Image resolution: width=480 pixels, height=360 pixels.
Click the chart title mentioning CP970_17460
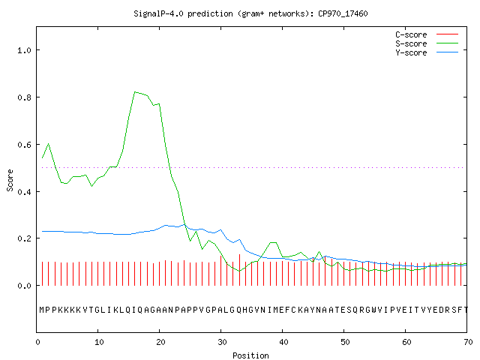tap(250, 13)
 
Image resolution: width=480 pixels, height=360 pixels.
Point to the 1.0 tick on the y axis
tap(24, 50)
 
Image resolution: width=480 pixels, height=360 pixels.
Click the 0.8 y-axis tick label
tap(24, 97)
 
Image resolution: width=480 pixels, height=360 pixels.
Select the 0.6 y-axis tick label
tap(24, 145)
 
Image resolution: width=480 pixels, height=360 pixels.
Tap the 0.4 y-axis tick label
tap(24, 192)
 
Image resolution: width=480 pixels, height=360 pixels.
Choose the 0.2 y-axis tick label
tap(24, 238)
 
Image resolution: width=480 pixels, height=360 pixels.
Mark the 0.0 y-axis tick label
tap(24, 286)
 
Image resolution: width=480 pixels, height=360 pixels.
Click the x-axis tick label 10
tap(99, 342)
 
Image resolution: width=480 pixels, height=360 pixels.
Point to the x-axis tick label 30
tap(222, 342)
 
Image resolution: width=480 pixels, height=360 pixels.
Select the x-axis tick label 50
tap(345, 342)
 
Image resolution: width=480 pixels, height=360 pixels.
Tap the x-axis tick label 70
tap(468, 342)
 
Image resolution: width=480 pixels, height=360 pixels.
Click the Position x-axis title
tap(250, 355)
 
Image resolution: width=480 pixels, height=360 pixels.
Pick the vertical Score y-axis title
tap(10, 180)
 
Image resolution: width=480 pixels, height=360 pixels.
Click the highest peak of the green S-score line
tap(135, 91)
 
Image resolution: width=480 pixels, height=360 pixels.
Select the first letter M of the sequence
tap(42, 310)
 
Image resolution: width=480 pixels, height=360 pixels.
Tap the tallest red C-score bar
tap(239, 270)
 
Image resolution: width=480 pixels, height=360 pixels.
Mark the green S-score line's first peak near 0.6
tap(48, 143)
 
